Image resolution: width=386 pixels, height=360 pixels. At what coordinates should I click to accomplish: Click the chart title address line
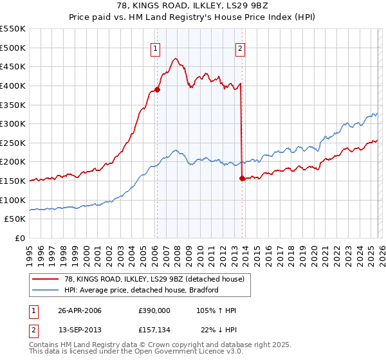coord(192,6)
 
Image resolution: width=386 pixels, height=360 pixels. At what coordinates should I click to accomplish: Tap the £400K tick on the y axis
coord(13,85)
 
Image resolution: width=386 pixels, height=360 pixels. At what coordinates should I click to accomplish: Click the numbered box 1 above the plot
coord(156,47)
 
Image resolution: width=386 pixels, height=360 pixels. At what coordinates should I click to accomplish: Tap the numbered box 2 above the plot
coord(240,47)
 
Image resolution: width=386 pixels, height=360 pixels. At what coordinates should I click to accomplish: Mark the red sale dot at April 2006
coord(157,89)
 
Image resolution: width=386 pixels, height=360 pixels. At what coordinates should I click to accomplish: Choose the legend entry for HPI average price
coord(142,290)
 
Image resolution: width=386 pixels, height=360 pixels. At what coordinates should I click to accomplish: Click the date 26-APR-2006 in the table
coord(80,310)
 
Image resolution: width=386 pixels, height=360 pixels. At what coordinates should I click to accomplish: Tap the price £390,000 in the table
coord(154,310)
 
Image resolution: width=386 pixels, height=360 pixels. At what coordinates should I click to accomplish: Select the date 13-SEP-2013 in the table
coord(80,331)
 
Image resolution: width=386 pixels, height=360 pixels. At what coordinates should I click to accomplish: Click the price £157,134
coord(154,331)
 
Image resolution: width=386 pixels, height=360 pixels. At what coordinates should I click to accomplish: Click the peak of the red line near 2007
coord(175,59)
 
